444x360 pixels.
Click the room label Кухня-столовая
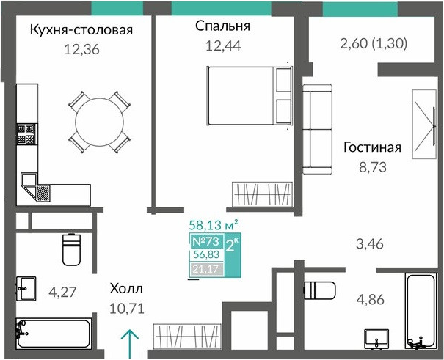coord(81,30)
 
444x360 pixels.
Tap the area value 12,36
coord(81,50)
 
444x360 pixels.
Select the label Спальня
coord(223,26)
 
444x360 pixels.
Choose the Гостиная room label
coord(373,147)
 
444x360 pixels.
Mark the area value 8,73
coord(373,167)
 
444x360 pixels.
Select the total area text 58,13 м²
coord(214,226)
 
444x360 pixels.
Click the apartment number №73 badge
coord(206,241)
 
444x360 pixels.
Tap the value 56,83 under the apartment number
coord(206,256)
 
